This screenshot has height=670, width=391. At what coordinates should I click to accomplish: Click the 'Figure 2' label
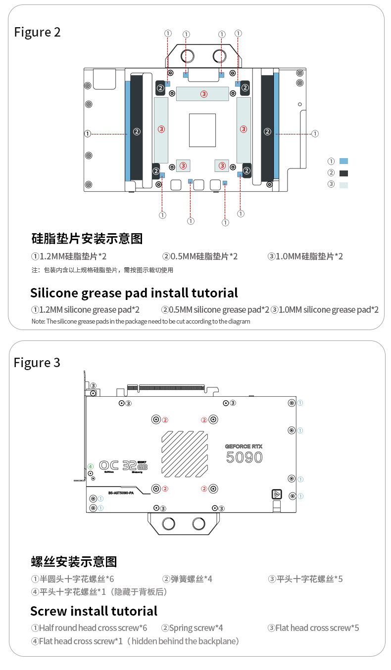coord(37,32)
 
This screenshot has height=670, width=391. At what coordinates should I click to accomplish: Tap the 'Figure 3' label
coord(37,363)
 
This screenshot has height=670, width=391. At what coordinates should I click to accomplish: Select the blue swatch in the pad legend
coord(344,161)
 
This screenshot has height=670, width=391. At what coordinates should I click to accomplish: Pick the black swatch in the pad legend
coord(344,173)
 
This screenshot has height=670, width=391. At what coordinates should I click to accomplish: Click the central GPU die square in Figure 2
coord(202,130)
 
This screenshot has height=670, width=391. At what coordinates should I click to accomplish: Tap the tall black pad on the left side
coord(137,127)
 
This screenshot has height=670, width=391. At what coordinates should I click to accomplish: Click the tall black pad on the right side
coord(267,127)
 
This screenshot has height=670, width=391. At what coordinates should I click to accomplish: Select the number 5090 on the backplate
coord(244,458)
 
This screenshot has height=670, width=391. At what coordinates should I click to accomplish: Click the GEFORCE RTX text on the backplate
coord(244,446)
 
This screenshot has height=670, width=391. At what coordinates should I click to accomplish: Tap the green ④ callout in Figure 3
coord(91,466)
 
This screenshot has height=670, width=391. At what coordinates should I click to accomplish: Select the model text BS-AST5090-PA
coord(121,493)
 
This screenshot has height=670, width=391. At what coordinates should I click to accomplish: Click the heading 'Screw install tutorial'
coord(94,611)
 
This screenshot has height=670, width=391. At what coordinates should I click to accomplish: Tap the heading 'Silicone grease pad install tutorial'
coord(134,293)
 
